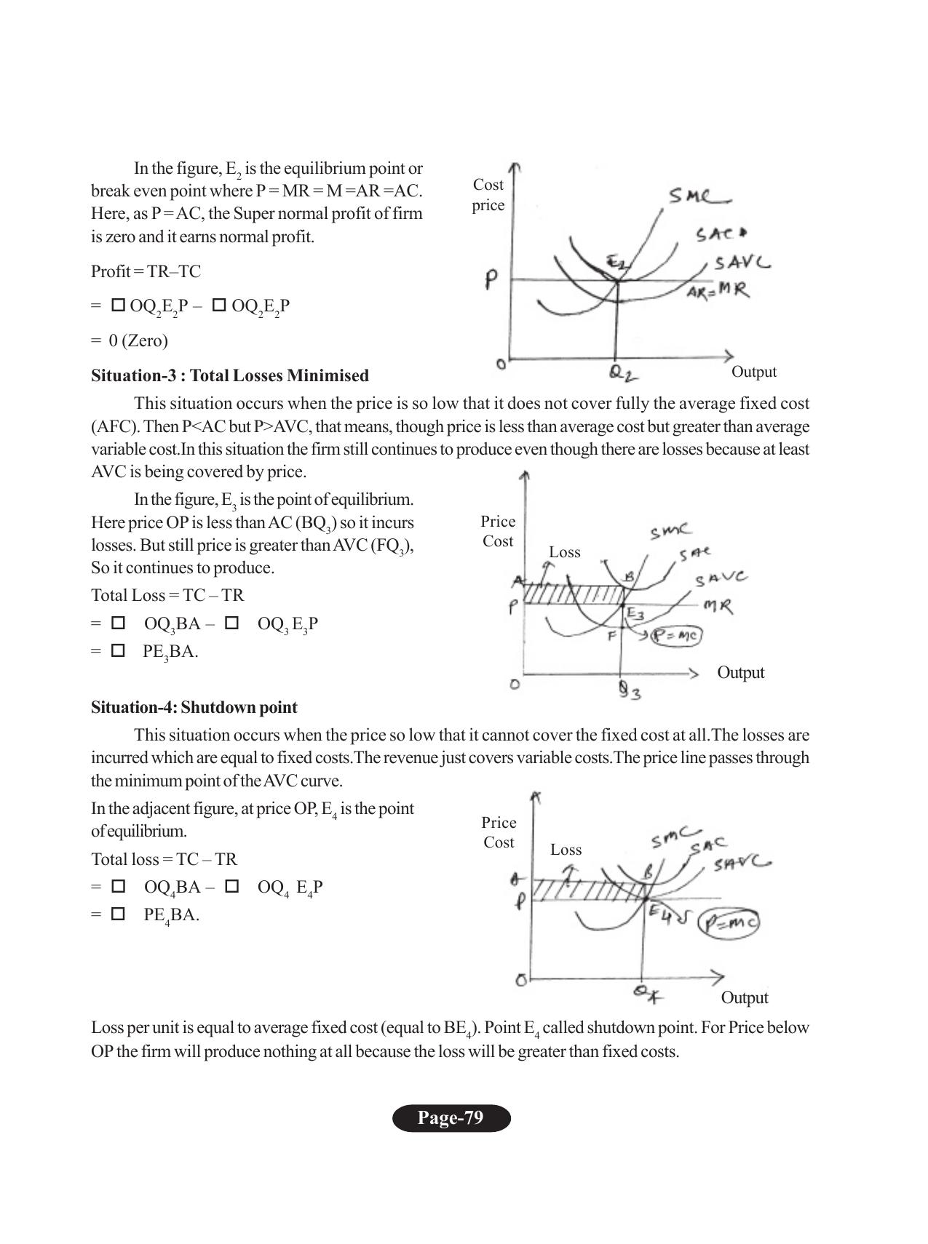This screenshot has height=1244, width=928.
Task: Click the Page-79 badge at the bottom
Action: point(451,1118)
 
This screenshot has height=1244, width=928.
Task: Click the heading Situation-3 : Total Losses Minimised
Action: point(230,375)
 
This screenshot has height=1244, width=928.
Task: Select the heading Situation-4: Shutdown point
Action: point(194,707)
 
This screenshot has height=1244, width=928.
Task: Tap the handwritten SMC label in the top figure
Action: point(699,196)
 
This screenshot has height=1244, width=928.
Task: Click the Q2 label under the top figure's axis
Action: point(623,374)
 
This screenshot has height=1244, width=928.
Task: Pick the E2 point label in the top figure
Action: point(616,263)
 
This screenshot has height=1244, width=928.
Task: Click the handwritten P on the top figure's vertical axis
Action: point(493,280)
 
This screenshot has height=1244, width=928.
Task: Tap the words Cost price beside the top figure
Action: point(488,195)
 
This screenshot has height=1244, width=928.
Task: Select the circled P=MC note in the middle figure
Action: point(676,636)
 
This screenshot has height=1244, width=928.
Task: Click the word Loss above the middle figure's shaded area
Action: point(565,552)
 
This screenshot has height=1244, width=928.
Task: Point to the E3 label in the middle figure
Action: point(635,615)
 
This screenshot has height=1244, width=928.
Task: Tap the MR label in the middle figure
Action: point(718,605)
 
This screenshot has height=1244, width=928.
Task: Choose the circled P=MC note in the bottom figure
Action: point(728,922)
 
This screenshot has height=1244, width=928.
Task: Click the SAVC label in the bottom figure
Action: point(742,864)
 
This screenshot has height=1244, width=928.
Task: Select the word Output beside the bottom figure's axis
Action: point(745,997)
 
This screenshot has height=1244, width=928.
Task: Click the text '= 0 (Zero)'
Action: point(130,340)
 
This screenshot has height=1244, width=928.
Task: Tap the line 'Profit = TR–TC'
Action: point(146,271)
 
